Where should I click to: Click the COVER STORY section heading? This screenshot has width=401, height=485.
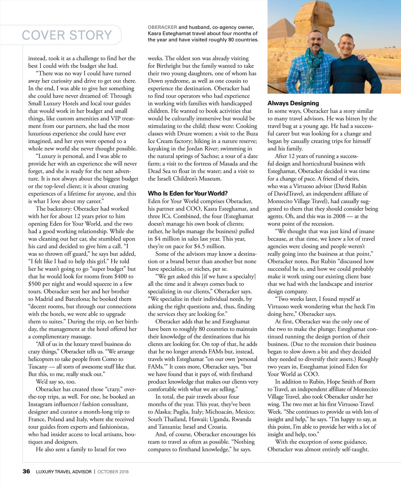67,35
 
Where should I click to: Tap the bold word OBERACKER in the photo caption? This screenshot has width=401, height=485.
162,27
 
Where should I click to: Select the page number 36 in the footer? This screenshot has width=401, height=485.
26,471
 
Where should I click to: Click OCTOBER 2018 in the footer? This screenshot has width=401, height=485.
113,472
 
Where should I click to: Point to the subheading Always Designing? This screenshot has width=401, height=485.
293,103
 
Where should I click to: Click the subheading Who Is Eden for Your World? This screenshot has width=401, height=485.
188,193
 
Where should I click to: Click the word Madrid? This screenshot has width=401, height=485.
44,299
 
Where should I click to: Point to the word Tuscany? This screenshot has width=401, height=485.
38,367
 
